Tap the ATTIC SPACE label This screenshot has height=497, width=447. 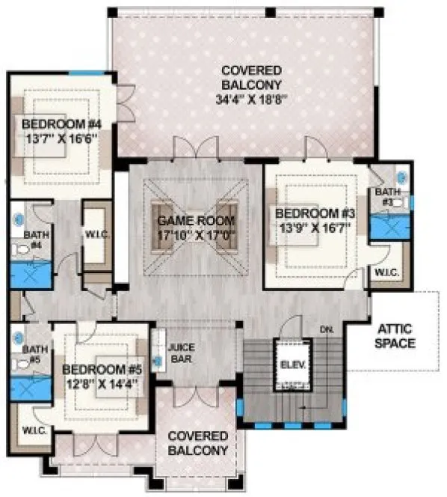395,336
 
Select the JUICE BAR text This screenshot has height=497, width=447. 182,354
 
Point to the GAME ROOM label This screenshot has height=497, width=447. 196,221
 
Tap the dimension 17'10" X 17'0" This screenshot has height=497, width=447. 196,234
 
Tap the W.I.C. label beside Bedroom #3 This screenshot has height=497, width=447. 385,272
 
